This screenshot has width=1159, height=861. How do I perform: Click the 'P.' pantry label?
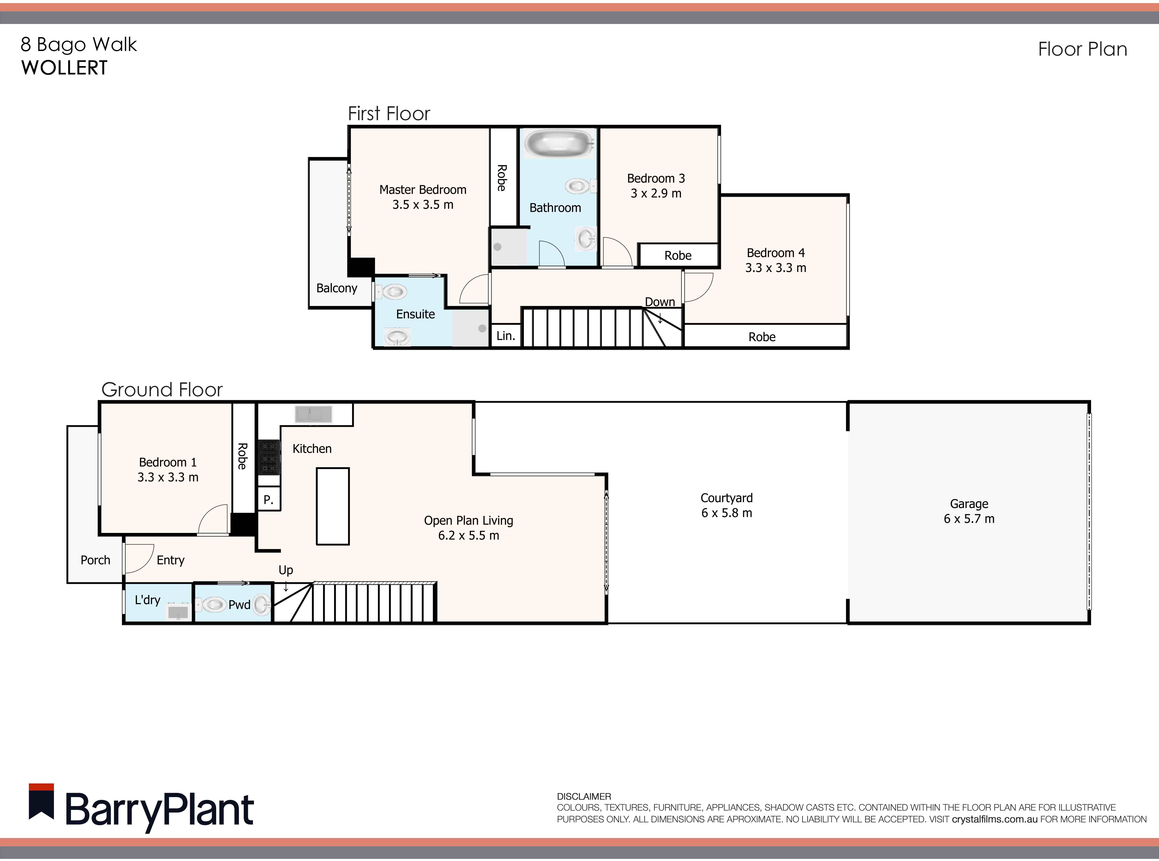pyautogui.click(x=268, y=500)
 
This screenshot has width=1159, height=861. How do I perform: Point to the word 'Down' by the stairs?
pyautogui.click(x=659, y=302)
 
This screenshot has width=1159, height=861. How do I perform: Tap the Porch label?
pyautogui.click(x=95, y=560)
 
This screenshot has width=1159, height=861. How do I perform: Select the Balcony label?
pyautogui.click(x=337, y=288)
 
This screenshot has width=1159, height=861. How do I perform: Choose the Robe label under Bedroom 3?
pyautogui.click(x=678, y=255)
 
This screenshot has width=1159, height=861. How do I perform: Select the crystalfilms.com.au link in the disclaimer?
pyautogui.click(x=994, y=819)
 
